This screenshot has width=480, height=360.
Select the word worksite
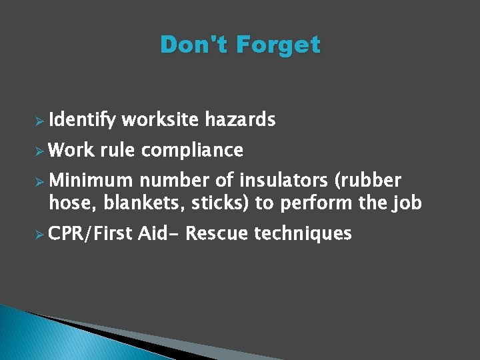tap(160, 119)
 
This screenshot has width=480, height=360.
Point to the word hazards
tap(240, 119)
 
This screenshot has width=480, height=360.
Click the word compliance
tap(192, 151)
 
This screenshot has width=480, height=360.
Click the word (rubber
tap(369, 181)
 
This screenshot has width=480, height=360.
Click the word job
tap(407, 203)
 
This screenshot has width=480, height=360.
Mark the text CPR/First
tap(91, 233)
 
